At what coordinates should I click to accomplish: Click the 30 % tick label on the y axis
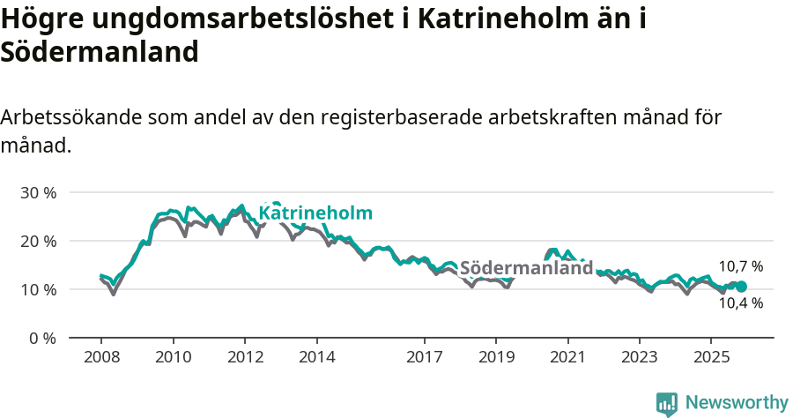click(x=38, y=192)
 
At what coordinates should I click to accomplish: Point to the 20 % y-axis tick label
click(x=38, y=241)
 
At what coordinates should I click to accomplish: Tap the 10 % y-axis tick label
click(x=38, y=289)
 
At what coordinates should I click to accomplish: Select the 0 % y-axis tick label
click(x=42, y=338)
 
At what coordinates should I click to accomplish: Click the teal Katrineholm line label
click(x=315, y=213)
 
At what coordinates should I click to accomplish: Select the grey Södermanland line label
click(x=526, y=268)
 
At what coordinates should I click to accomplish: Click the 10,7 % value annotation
click(x=740, y=265)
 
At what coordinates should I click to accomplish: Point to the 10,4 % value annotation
click(x=740, y=303)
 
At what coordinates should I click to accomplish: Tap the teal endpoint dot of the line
click(x=741, y=287)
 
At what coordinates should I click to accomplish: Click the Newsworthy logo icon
click(x=666, y=403)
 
